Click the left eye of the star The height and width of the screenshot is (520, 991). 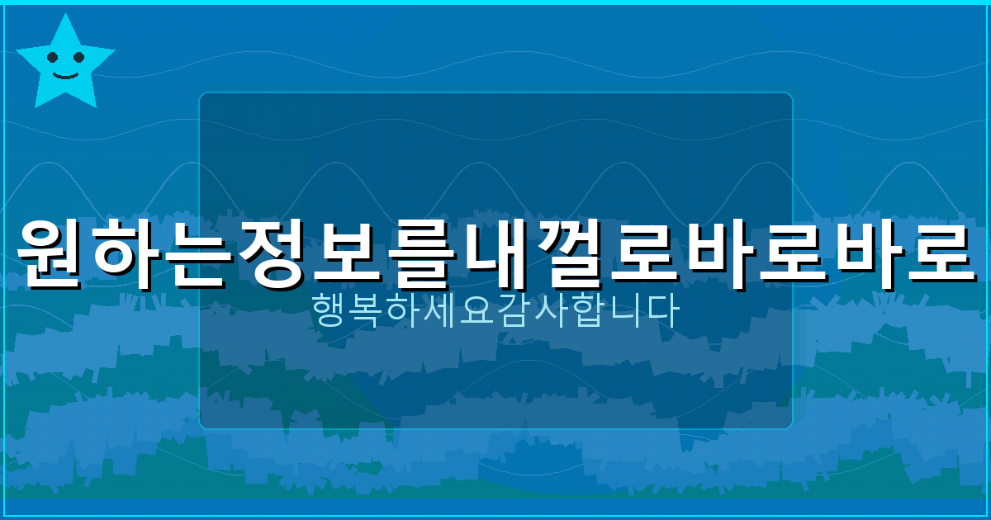click(x=53, y=57)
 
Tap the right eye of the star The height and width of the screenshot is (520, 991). click(x=79, y=57)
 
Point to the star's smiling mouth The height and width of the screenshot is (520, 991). click(x=65, y=75)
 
